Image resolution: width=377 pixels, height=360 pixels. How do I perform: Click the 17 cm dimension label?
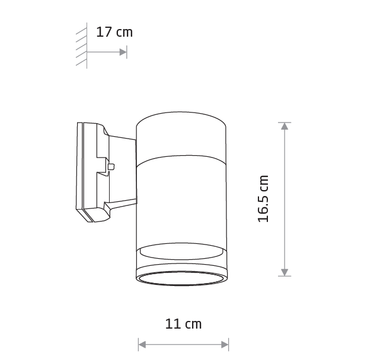click(114, 32)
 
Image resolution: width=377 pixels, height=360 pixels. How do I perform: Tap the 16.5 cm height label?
click(263, 199)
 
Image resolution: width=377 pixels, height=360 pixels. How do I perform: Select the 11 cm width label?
click(183, 324)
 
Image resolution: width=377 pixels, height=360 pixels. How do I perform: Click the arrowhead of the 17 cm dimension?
click(123, 52)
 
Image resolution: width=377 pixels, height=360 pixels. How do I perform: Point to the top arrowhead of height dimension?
click(285, 126)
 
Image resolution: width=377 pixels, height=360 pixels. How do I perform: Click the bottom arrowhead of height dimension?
click(285, 272)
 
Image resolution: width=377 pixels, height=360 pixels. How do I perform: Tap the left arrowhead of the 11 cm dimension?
click(142, 345)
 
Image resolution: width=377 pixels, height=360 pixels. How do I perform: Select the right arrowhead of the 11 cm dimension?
click(225, 345)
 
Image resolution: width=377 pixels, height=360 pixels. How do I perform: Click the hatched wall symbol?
click(82, 46)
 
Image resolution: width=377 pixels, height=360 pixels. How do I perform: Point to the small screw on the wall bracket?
click(111, 166)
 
